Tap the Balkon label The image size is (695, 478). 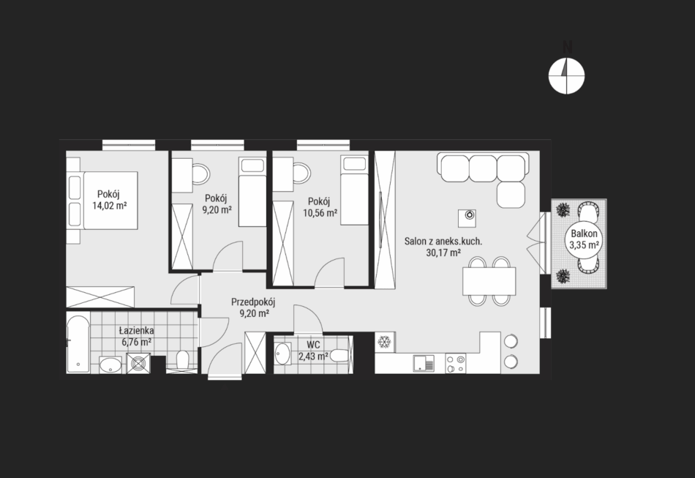(584, 234)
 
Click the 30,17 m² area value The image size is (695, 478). (443, 253)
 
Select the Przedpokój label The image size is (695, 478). (253, 302)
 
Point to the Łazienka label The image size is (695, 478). (137, 330)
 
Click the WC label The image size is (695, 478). (313, 345)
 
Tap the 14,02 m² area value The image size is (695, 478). (110, 205)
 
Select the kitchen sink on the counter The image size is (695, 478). (424, 363)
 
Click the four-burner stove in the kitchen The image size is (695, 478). (455, 363)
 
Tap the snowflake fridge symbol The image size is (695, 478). (384, 342)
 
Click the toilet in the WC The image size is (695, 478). (340, 356)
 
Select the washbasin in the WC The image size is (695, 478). (282, 354)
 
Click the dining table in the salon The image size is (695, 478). (489, 281)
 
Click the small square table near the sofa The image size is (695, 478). (467, 218)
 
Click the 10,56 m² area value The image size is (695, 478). (320, 213)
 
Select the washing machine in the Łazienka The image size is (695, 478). (138, 363)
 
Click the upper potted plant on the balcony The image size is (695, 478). (563, 209)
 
